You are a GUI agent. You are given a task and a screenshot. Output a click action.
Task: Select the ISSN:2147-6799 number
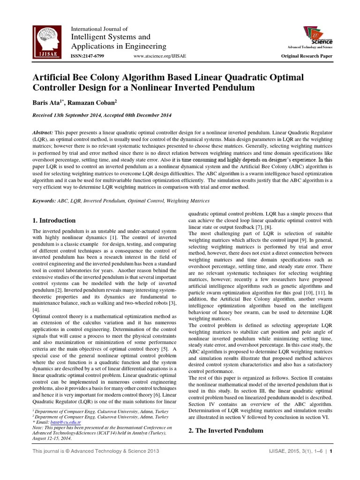point(87,56)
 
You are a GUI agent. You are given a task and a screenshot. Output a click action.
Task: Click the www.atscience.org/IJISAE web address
point(159,56)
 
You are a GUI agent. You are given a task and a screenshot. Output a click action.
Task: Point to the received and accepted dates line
point(95,115)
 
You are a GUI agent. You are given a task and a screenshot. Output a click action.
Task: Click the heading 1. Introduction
point(53,220)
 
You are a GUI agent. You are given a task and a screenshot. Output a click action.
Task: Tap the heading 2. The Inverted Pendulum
point(225,430)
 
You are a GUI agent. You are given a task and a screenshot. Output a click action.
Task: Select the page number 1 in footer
point(331,452)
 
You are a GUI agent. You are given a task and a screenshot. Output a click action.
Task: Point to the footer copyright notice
point(96,452)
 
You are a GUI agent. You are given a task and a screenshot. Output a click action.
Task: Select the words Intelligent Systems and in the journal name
point(110,37)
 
